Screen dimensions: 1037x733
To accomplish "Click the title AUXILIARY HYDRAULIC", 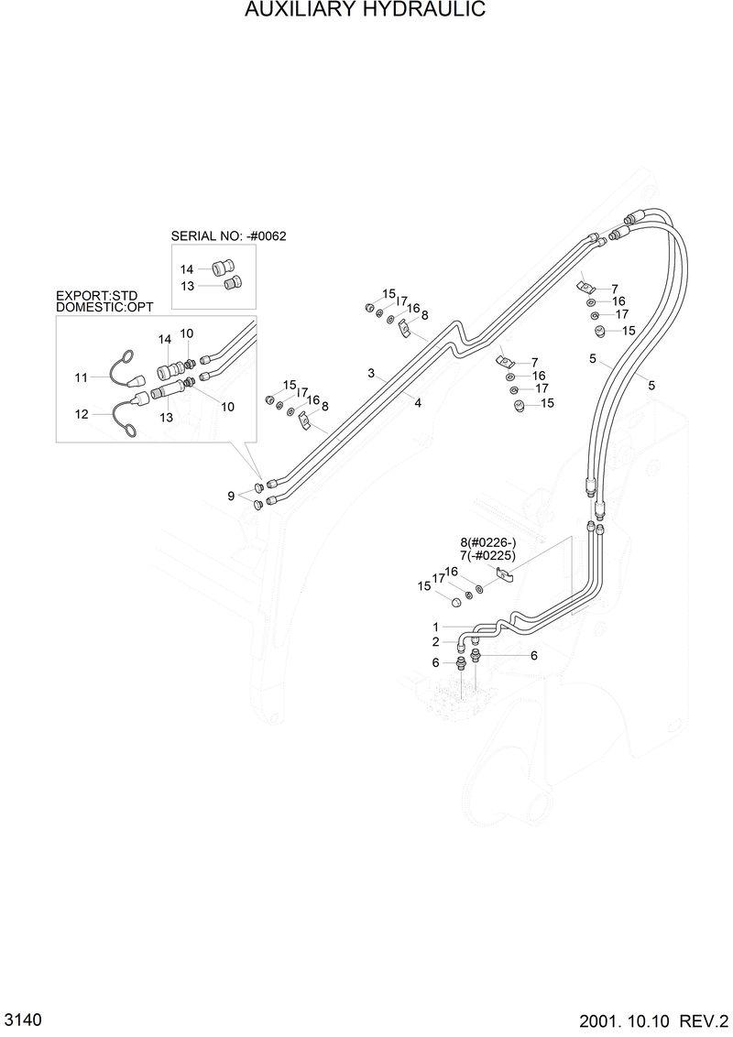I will click(x=366, y=10).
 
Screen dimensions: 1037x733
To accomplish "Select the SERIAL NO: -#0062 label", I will click(x=228, y=235).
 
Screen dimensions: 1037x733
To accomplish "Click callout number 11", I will click(x=81, y=377).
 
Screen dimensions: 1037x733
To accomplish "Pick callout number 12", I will click(x=82, y=414).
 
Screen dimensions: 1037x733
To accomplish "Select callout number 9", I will click(x=232, y=496).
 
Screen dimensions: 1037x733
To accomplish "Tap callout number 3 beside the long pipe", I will click(x=371, y=373).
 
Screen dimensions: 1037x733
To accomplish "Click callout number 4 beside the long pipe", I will click(x=417, y=401).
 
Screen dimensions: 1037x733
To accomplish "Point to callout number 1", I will click(x=436, y=627).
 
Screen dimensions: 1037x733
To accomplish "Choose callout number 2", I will click(x=436, y=641).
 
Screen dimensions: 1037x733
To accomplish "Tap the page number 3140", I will click(x=19, y=1021).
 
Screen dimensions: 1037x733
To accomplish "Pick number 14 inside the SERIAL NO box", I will click(x=187, y=269).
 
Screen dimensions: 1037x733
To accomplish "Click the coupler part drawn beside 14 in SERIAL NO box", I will click(x=222, y=267).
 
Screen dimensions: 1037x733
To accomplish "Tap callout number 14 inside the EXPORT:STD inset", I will click(x=165, y=339).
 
